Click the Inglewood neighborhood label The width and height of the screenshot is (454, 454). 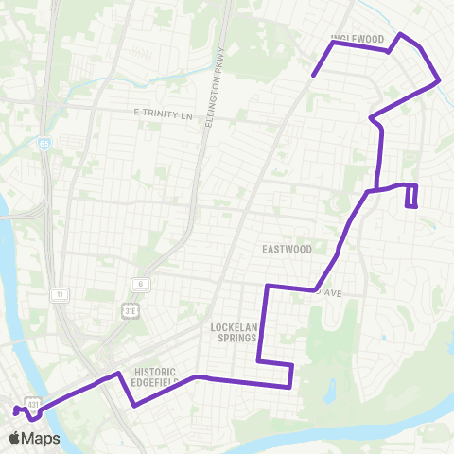coord(357,39)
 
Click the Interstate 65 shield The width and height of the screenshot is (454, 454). coord(44,143)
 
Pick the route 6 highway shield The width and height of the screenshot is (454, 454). coord(138,283)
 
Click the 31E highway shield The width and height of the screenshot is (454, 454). coord(131,307)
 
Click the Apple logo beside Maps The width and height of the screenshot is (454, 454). coord(15,438)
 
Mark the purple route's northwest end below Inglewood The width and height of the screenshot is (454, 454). coord(313,74)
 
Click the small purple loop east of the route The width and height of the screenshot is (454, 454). coord(411,196)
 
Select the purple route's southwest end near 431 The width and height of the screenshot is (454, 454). coord(14,410)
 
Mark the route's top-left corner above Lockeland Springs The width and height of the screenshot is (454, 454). coord(268,285)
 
